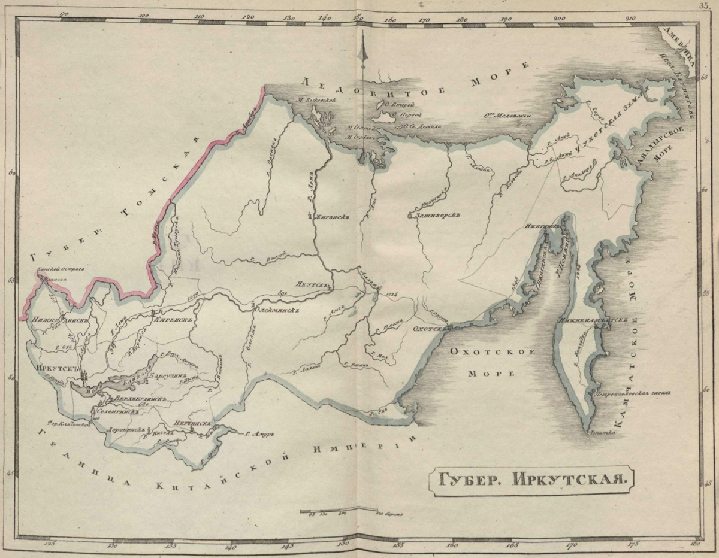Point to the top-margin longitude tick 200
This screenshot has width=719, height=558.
pos(560,18)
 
